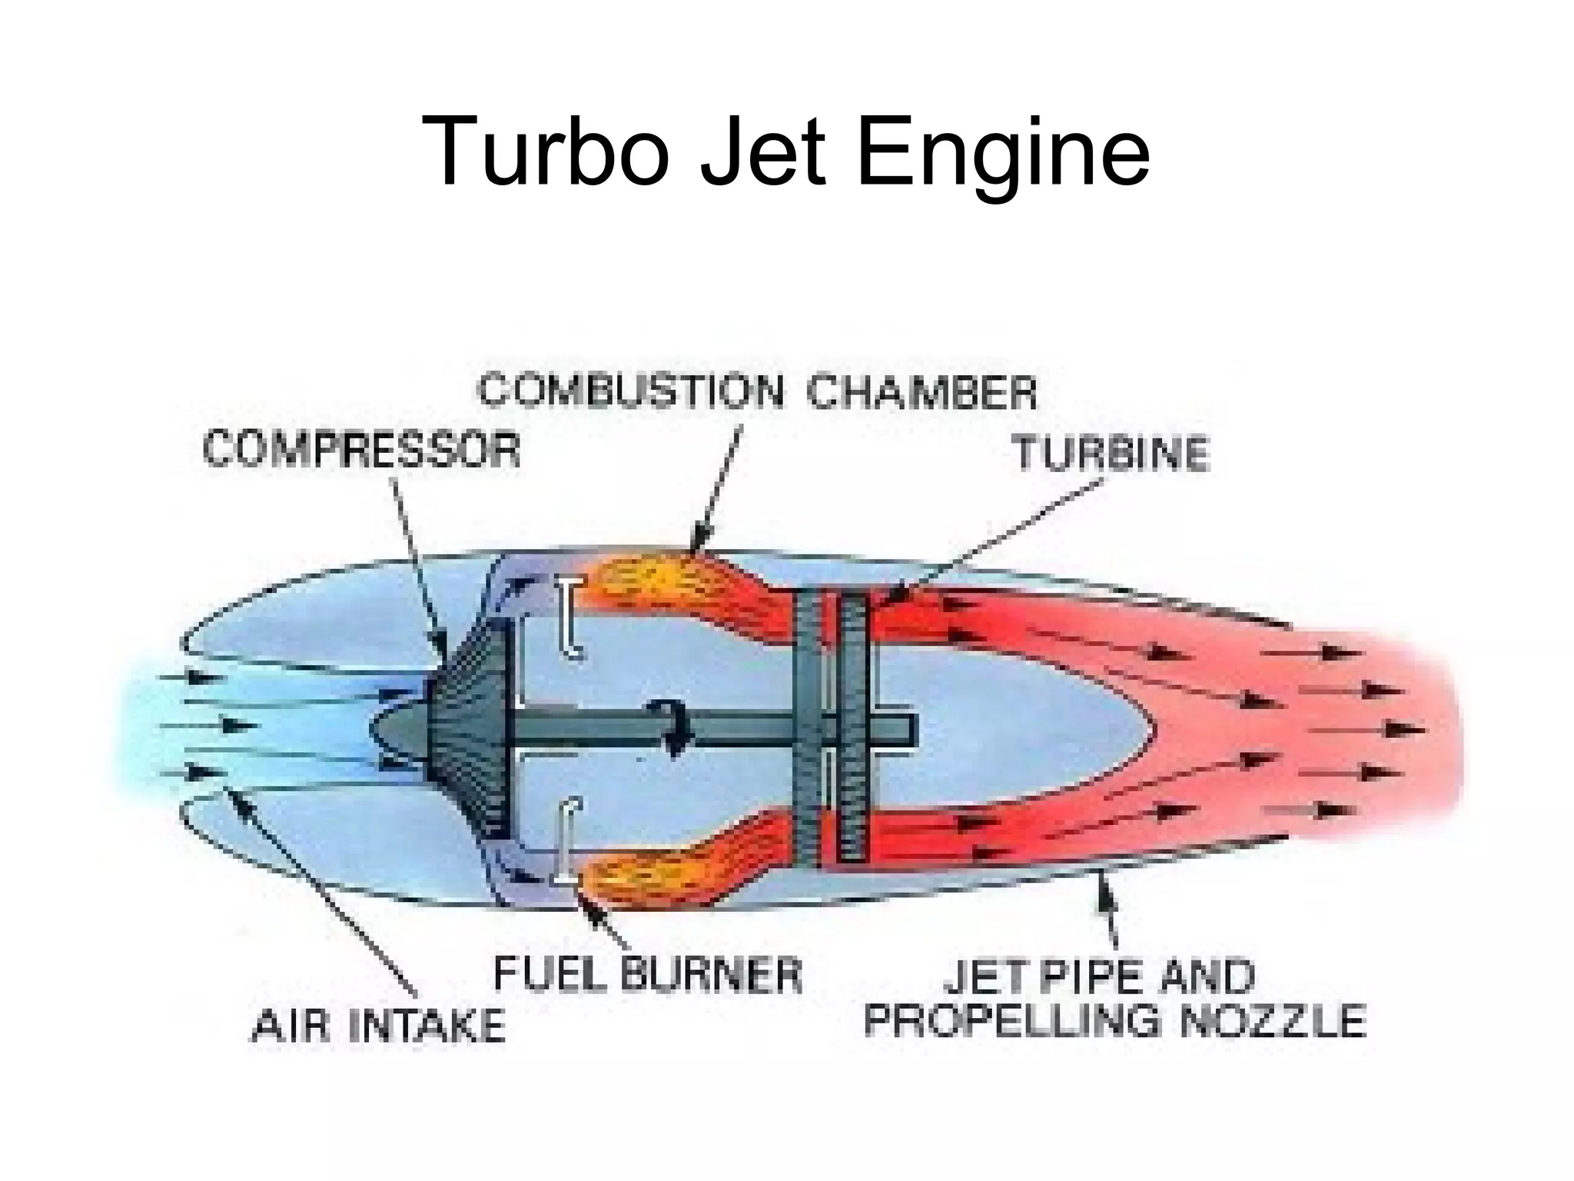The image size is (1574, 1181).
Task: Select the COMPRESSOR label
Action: click(361, 449)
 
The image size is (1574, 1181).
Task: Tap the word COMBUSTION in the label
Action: click(630, 391)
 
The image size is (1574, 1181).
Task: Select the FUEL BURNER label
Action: click(646, 974)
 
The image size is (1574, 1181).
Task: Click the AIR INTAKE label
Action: click(378, 1026)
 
